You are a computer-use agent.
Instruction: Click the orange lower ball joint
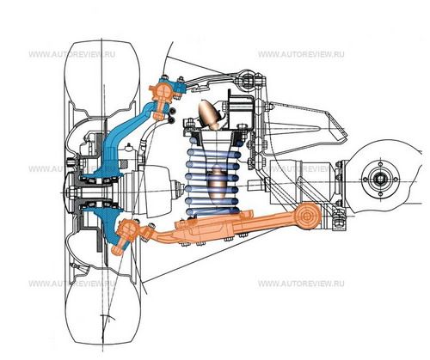coord(126,234)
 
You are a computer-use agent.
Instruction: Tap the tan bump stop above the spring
coord(210,113)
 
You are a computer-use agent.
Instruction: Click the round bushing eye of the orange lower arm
coord(307,216)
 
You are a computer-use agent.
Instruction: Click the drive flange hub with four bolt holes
coord(380,180)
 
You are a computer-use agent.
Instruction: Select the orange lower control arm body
coord(230,226)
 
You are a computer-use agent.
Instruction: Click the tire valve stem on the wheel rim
coord(75,265)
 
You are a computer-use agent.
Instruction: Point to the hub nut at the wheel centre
coord(70,191)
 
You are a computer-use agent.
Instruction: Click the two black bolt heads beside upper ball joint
coord(172,115)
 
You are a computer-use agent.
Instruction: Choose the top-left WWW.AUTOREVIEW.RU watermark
coord(72,54)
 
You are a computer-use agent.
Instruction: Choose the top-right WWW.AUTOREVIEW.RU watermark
coord(301,54)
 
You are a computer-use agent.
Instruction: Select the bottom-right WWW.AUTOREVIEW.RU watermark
coord(301,284)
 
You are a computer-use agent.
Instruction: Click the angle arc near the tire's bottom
coord(108,316)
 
